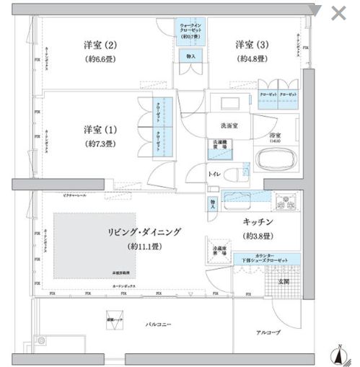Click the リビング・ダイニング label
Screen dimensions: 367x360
pyautogui.click(x=145, y=231)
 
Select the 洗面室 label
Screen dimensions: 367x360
pyautogui.click(x=221, y=125)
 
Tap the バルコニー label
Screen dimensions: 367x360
pyautogui.click(x=154, y=326)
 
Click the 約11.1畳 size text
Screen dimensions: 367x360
pyautogui.click(x=145, y=246)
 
